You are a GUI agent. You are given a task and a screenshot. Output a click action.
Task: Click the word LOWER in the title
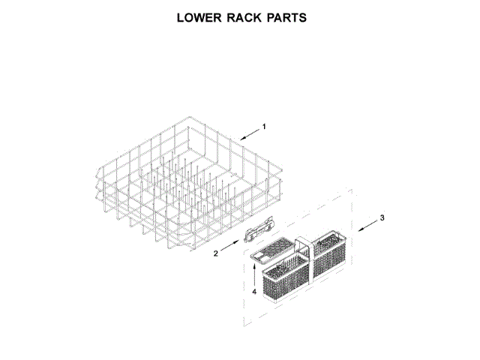tap(201, 17)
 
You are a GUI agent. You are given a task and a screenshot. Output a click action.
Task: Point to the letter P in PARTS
tap(272, 17)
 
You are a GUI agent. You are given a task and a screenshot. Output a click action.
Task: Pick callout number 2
tap(216, 253)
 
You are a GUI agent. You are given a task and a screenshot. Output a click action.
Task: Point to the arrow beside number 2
tap(230, 247)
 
